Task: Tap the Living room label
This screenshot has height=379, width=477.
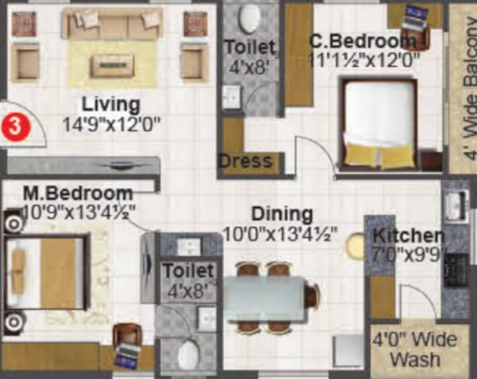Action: [111, 104]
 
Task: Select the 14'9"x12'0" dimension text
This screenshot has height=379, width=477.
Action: [112, 123]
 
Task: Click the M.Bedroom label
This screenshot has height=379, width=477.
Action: [77, 193]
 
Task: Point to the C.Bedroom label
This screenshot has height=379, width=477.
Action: [362, 41]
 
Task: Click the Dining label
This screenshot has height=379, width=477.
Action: [282, 213]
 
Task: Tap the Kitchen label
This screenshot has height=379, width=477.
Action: [409, 236]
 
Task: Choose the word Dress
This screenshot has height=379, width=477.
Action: [246, 162]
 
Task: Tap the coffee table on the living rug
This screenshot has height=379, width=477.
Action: [112, 64]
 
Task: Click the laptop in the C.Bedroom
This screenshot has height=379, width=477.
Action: [413, 14]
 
